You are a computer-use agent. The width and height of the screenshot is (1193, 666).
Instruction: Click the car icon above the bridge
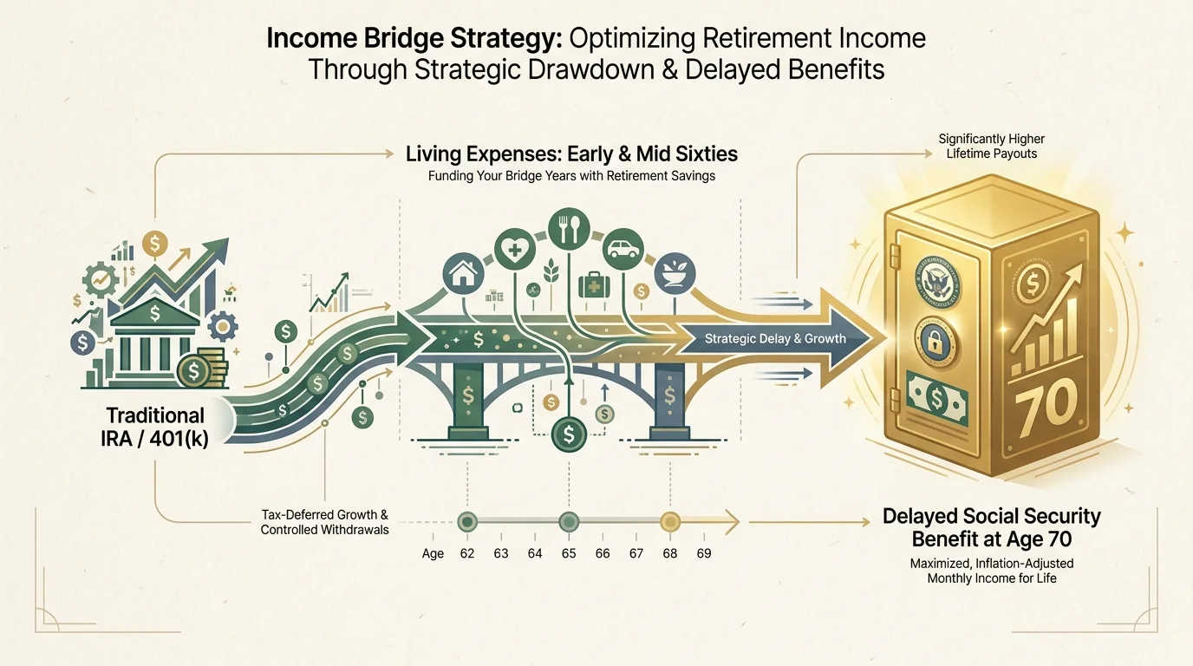click(x=623, y=249)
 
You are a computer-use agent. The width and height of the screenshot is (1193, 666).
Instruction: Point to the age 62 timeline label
click(x=467, y=552)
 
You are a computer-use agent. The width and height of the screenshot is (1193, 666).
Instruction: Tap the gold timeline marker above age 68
click(x=669, y=522)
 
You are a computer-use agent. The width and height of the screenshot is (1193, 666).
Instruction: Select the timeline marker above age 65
click(x=568, y=522)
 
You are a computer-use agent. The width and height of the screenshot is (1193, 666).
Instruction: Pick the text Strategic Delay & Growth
click(x=775, y=338)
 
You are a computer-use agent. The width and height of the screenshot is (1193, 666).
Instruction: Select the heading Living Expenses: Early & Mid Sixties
click(x=571, y=155)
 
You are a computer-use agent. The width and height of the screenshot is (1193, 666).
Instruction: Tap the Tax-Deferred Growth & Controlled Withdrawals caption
click(x=324, y=522)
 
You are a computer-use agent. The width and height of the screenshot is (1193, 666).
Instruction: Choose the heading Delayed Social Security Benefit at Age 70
click(x=991, y=527)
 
